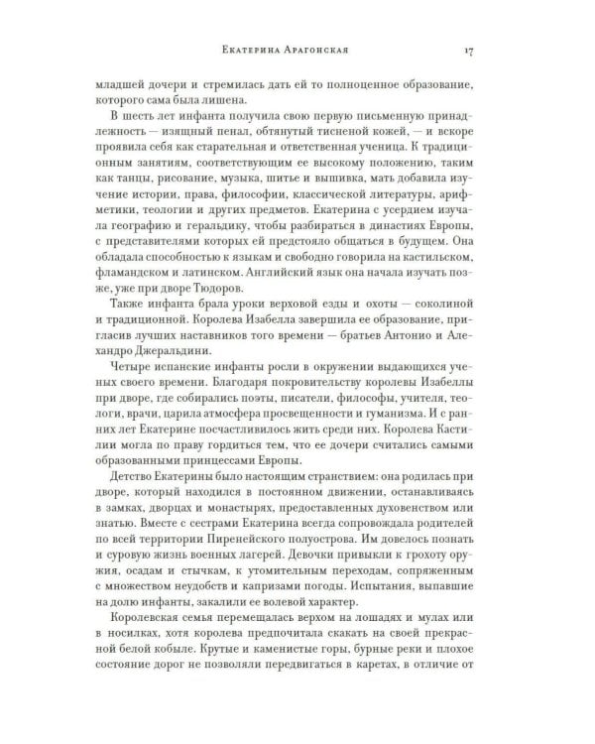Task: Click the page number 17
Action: click(481, 51)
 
